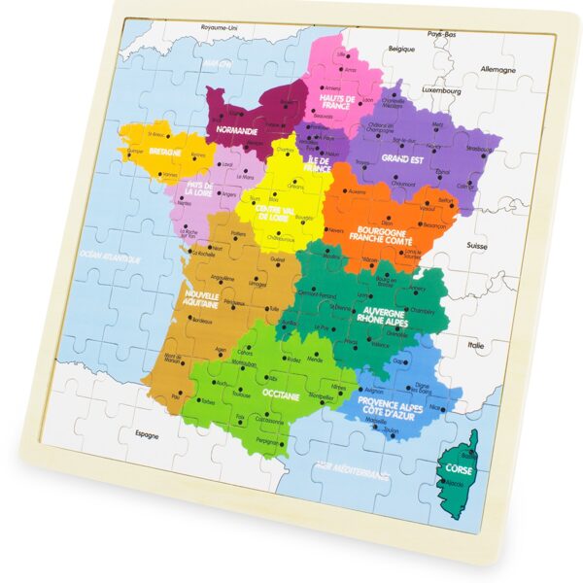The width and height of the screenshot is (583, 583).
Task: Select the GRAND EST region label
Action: click(401, 157)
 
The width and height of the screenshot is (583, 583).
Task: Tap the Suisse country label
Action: click(475, 247)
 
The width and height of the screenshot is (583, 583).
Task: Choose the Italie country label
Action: click(476, 345)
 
